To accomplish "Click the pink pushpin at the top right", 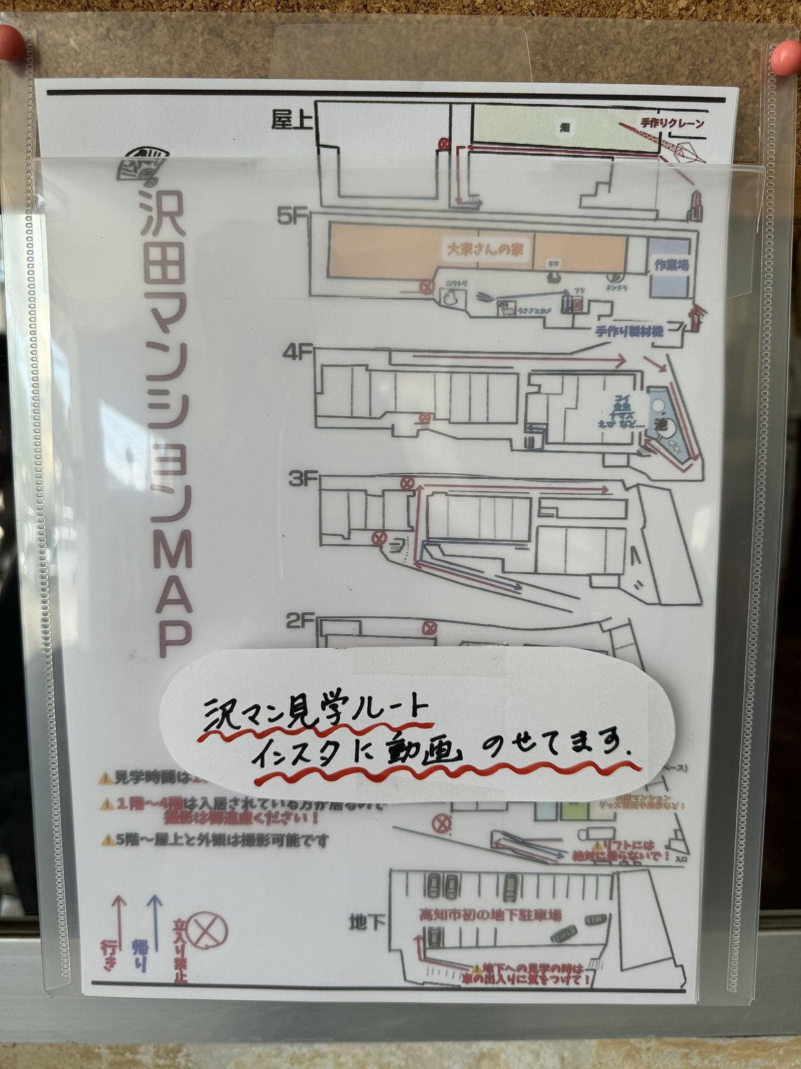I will pyautogui.click(x=786, y=54).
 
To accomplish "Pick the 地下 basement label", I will pyautogui.click(x=367, y=923).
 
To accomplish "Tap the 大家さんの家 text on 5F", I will pyautogui.click(x=485, y=248).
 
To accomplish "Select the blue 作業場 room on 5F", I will pyautogui.click(x=671, y=265).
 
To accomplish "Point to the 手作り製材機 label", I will pyautogui.click(x=629, y=331).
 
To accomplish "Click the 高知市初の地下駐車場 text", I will pyautogui.click(x=489, y=915).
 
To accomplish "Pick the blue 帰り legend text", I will pyautogui.click(x=140, y=955).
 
